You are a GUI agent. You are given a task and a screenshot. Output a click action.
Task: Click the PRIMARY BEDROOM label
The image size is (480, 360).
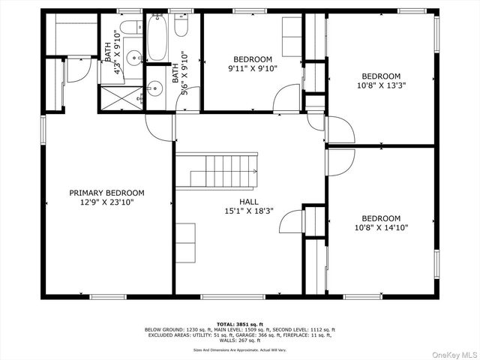(x=107, y=193)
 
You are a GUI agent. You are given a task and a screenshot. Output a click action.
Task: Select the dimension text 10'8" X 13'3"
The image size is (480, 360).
(x=381, y=85)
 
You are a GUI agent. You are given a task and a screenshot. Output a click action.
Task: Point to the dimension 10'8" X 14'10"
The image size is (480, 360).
(x=381, y=227)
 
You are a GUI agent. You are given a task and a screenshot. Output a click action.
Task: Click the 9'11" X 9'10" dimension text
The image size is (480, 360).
(x=253, y=68)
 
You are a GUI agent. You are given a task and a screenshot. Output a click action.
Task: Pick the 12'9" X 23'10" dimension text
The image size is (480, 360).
(x=107, y=202)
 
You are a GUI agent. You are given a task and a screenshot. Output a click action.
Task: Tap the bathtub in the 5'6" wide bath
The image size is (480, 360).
(x=157, y=37)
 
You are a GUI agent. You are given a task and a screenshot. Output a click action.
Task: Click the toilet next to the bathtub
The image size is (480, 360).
(x=181, y=27)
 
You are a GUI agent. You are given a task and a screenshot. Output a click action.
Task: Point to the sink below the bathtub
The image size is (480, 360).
(x=155, y=88)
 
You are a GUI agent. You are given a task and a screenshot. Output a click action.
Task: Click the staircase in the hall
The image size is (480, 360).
(x=223, y=170)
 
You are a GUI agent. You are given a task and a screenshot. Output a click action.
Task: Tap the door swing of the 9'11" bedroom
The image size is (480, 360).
(x=286, y=99)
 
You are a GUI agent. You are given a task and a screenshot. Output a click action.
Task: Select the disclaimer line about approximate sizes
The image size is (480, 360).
(x=240, y=349)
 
